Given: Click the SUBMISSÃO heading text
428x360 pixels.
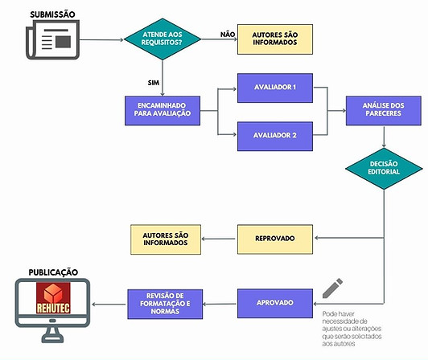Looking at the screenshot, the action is (x=52, y=14).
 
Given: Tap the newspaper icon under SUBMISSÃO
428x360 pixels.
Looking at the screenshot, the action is (x=52, y=40).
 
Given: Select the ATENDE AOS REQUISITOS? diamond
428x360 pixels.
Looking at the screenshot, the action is (x=163, y=39).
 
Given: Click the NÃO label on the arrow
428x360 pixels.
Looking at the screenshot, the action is (x=228, y=35).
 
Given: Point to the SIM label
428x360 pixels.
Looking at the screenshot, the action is (x=154, y=83).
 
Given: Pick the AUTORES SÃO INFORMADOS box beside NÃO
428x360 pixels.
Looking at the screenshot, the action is (x=275, y=39).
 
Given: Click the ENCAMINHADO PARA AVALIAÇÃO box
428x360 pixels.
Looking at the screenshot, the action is (x=163, y=111).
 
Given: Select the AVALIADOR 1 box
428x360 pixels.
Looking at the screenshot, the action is (x=275, y=88).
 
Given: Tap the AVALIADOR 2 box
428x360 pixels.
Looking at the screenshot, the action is (x=275, y=136).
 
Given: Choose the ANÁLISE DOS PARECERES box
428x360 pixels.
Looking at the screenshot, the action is (x=384, y=111).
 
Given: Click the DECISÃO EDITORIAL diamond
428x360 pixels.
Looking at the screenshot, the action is (x=384, y=169).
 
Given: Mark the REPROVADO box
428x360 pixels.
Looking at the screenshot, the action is (x=275, y=239).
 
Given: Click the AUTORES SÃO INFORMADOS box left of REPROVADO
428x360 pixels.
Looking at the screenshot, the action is (x=166, y=239).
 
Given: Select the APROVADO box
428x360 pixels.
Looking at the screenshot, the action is (x=275, y=303).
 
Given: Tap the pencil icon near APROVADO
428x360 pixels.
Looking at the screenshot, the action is (x=332, y=288).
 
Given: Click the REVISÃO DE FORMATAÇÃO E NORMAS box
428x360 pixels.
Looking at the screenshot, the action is (x=165, y=304).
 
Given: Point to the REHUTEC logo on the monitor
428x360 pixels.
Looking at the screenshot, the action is (x=53, y=298).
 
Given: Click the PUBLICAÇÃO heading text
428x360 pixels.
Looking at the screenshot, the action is (x=53, y=272).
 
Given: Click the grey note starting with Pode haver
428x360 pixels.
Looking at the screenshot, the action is (x=352, y=329).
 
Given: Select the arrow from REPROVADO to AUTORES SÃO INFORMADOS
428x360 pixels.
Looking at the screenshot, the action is (x=218, y=239).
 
